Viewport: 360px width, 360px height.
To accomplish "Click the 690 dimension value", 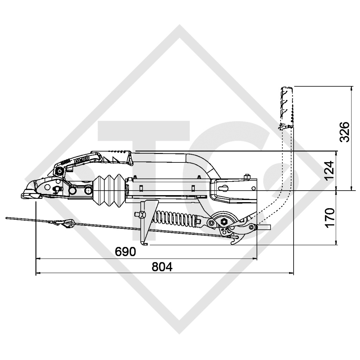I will point(126,252).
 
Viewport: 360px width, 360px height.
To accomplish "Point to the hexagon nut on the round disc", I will point(224,222).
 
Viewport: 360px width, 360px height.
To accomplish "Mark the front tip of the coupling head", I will point(23,194).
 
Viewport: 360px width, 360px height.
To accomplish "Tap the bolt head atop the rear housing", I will point(248,176).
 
